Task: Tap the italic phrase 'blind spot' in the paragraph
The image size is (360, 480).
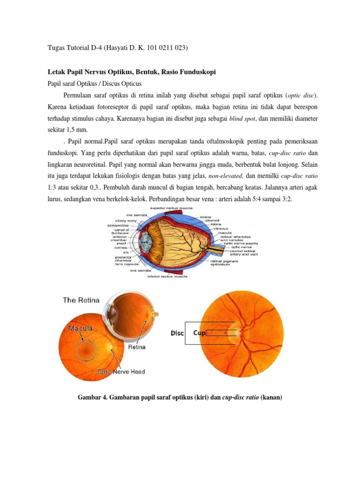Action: pyautogui.click(x=242, y=119)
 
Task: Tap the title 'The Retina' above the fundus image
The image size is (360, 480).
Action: pyautogui.click(x=83, y=300)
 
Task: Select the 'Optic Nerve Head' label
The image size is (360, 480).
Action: pyautogui.click(x=121, y=372)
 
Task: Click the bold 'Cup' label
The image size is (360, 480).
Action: pyautogui.click(x=200, y=333)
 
